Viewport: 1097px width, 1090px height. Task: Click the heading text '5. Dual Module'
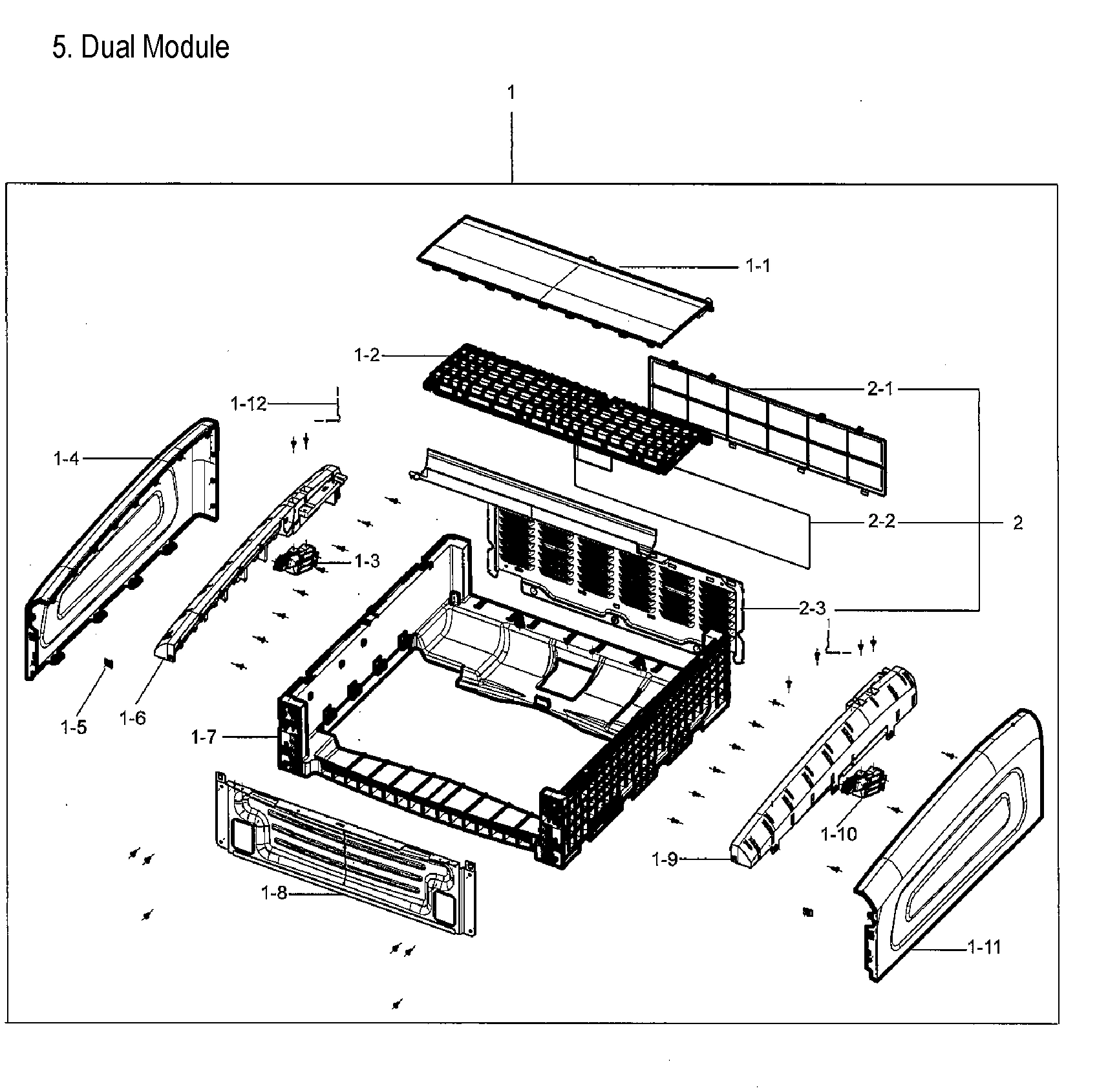pyautogui.click(x=140, y=47)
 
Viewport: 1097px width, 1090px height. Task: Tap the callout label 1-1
pyautogui.click(x=758, y=266)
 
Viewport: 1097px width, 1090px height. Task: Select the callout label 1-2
pyautogui.click(x=367, y=355)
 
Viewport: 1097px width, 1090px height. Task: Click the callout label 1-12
pyautogui.click(x=248, y=404)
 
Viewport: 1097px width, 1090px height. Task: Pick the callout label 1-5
pyautogui.click(x=73, y=728)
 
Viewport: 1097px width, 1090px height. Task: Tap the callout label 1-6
pyautogui.click(x=133, y=717)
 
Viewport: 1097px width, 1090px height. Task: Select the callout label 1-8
pyautogui.click(x=273, y=894)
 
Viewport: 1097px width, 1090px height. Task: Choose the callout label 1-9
pyautogui.click(x=665, y=859)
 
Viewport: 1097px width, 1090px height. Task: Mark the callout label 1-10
pyautogui.click(x=838, y=834)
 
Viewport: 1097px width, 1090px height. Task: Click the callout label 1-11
pyautogui.click(x=984, y=947)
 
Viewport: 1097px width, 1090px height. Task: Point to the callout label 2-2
pyautogui.click(x=882, y=521)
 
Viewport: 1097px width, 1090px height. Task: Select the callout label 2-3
pyautogui.click(x=812, y=608)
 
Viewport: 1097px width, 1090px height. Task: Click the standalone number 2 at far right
pyautogui.click(x=1017, y=523)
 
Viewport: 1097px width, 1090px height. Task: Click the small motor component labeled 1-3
pyautogui.click(x=297, y=560)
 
